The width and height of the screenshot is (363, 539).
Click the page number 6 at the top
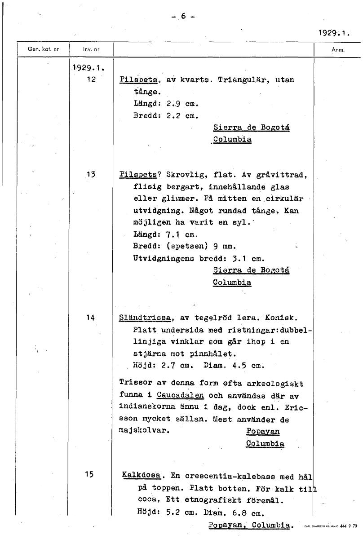(183, 16)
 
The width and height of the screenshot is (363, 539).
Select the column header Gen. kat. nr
(43, 49)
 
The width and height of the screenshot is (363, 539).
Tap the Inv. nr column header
(90, 49)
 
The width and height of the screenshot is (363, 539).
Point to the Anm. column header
(337, 50)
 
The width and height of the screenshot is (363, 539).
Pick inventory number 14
(90, 318)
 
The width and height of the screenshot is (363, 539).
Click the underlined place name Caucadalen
(181, 396)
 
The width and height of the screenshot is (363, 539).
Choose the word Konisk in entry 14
(281, 318)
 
